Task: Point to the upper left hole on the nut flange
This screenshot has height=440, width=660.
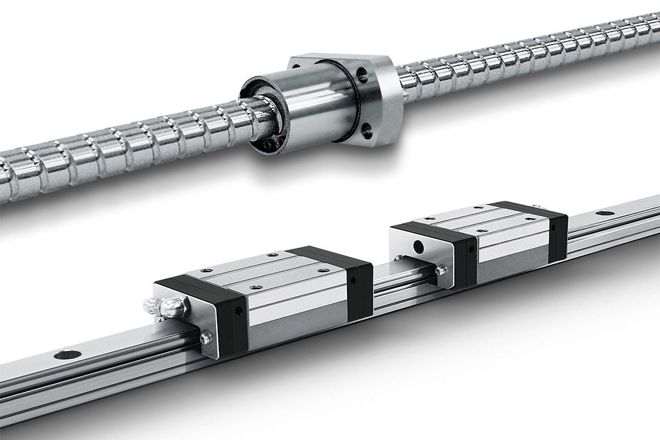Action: pyautogui.click(x=297, y=65)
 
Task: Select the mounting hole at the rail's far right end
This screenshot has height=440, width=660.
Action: pyautogui.click(x=605, y=213)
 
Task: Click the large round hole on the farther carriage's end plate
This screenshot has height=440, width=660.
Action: pyautogui.click(x=420, y=244)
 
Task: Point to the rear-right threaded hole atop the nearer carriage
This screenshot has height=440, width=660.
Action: pyautogui.click(x=323, y=271)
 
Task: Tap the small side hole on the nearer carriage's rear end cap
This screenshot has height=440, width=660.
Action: pyautogui.click(x=353, y=280)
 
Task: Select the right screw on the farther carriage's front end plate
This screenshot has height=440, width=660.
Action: pyautogui.click(x=440, y=270)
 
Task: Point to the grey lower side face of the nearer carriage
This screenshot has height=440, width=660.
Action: pyautogui.click(x=297, y=324)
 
